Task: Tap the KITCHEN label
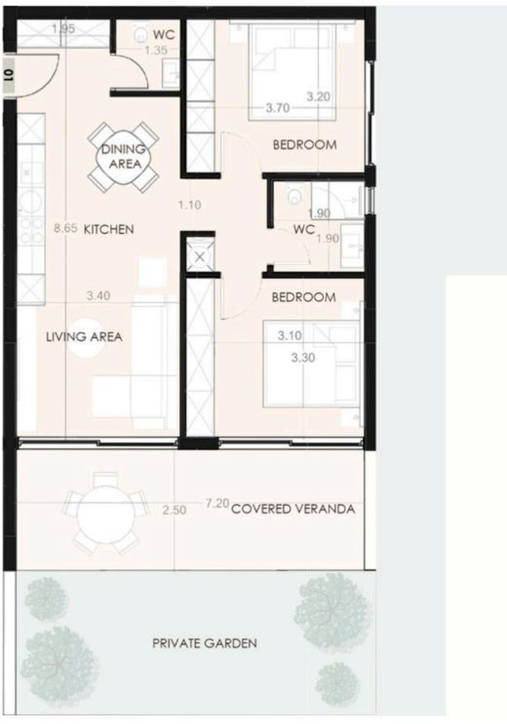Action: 109,229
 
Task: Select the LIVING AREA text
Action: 84,337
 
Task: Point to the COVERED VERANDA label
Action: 293,509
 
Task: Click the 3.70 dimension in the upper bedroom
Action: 278,108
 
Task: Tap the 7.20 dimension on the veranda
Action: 217,504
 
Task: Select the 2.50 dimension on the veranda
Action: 175,510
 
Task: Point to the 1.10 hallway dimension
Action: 190,205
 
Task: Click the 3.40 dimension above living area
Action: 98,296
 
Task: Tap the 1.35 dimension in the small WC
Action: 156,50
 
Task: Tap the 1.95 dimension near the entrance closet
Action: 64,29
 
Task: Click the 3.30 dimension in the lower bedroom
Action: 303,358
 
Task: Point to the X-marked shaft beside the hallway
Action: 200,257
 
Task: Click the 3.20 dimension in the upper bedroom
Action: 319,97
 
